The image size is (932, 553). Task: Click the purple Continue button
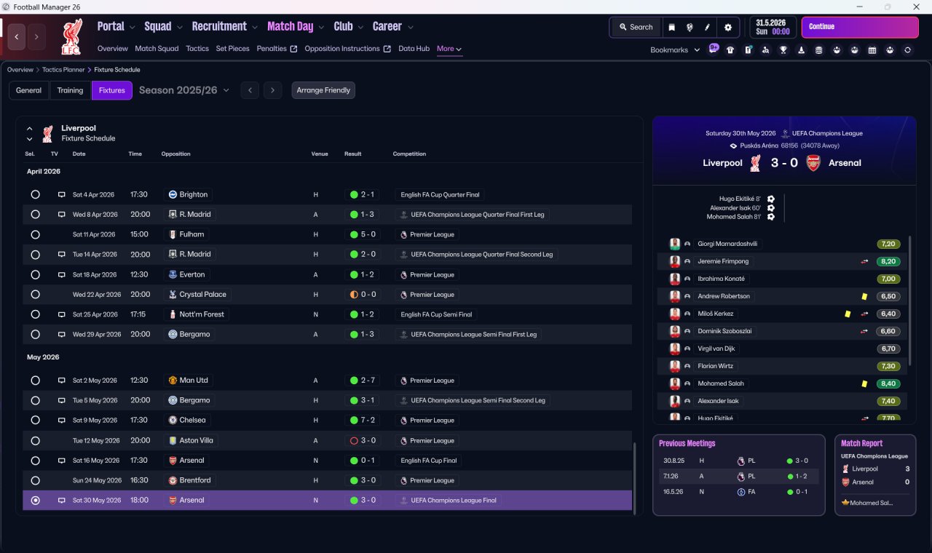pyautogui.click(x=860, y=27)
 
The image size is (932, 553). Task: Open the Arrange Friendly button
pyautogui.click(x=323, y=90)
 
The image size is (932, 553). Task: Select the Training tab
pyautogui.click(x=70, y=90)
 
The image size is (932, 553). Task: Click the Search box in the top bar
pyautogui.click(x=636, y=27)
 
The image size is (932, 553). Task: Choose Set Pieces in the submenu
pyautogui.click(x=232, y=49)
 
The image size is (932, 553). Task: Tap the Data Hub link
pyautogui.click(x=414, y=49)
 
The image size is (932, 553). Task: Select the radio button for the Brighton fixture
pyautogui.click(x=36, y=194)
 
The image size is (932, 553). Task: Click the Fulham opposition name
pyautogui.click(x=191, y=234)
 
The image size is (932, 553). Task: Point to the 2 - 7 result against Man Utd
pyautogui.click(x=368, y=381)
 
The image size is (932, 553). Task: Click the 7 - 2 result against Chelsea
pyautogui.click(x=368, y=421)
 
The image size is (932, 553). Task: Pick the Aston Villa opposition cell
pyautogui.click(x=191, y=440)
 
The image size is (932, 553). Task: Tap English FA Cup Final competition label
pyautogui.click(x=429, y=461)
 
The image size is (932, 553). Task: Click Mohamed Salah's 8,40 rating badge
pyautogui.click(x=888, y=383)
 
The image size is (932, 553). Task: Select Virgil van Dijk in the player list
pyautogui.click(x=716, y=349)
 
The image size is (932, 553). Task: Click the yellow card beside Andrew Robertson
pyautogui.click(x=864, y=296)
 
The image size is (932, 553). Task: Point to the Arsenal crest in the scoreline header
pyautogui.click(x=813, y=163)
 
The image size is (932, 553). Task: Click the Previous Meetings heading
pyautogui.click(x=687, y=444)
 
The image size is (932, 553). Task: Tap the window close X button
pyautogui.click(x=917, y=7)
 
